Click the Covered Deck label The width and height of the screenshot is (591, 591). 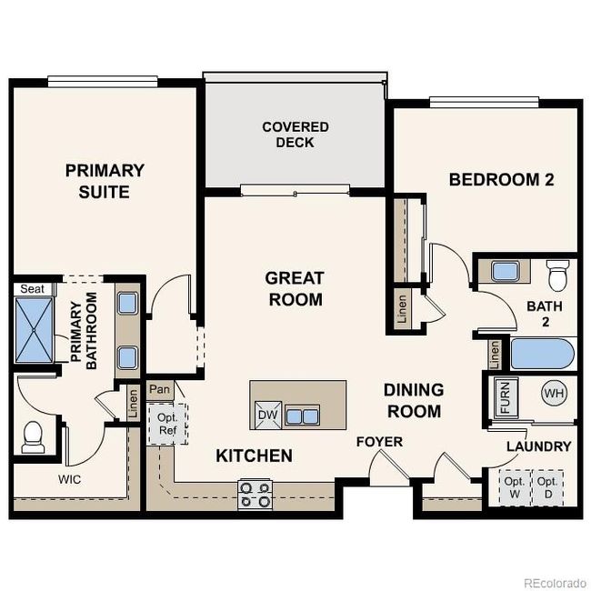[295, 135]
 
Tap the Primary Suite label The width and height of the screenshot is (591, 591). [105, 181]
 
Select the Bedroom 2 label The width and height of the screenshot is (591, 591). [501, 180]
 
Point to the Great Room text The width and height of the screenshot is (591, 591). [295, 288]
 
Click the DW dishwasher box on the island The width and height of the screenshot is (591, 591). [267, 416]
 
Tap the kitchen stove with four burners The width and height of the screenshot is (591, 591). [255, 495]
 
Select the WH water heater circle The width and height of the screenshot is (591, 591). [554, 394]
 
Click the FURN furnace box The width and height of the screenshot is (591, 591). [505, 397]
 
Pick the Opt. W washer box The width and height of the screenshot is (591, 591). [515, 487]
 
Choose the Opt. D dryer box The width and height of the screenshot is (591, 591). [547, 487]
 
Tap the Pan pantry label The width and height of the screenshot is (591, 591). [160, 390]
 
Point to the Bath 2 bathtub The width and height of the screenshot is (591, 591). [542, 353]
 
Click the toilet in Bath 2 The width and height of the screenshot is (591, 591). [557, 273]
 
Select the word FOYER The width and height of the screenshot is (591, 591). [379, 442]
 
